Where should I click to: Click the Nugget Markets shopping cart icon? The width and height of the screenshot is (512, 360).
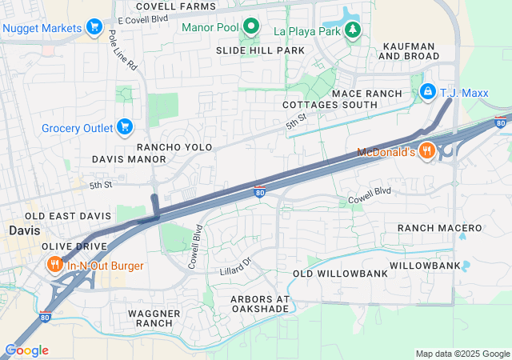pyautogui.click(x=94, y=27)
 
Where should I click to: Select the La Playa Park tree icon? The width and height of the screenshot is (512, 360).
pyautogui.click(x=352, y=30)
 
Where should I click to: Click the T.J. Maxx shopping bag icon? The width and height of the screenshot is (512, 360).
pyautogui.click(x=428, y=93)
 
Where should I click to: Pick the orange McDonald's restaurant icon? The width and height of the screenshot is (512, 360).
pyautogui.click(x=428, y=151)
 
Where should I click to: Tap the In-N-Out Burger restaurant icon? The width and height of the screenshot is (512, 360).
pyautogui.click(x=54, y=266)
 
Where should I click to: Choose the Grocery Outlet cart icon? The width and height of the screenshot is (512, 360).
pyautogui.click(x=124, y=126)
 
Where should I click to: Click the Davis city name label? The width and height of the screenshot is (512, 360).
pyautogui.click(x=23, y=230)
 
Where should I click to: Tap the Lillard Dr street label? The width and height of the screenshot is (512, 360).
pyautogui.click(x=235, y=266)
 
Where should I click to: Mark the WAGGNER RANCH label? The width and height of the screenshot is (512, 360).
pyautogui.click(x=154, y=318)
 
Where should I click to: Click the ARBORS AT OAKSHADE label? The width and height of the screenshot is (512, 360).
pyautogui.click(x=248, y=304)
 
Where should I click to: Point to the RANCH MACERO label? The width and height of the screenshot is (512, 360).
pyautogui.click(x=440, y=228)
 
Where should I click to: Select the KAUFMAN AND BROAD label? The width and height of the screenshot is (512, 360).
pyautogui.click(x=409, y=51)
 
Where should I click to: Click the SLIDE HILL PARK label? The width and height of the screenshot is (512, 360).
pyautogui.click(x=260, y=50)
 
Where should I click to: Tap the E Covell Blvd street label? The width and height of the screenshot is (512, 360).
pyautogui.click(x=143, y=18)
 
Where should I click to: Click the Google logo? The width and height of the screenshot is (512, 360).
pyautogui.click(x=26, y=350)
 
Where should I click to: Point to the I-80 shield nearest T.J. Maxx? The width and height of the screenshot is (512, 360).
pyautogui.click(x=500, y=122)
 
